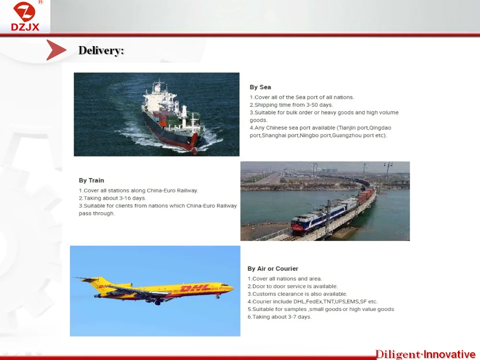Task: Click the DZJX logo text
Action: pos(25,27)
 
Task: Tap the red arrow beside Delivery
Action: pos(56,49)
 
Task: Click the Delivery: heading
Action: pos(101,50)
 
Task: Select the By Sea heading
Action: pos(260,87)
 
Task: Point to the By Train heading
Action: pos(91,180)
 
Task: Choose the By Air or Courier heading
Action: pos(273,268)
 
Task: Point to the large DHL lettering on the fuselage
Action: pos(195,288)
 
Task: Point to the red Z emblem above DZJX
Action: pos(24,11)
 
